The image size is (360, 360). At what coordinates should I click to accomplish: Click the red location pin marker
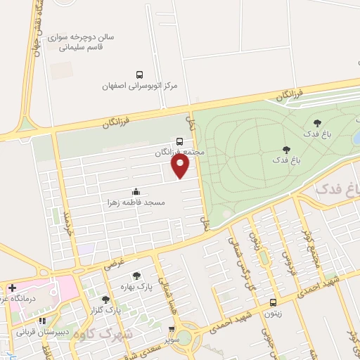181,166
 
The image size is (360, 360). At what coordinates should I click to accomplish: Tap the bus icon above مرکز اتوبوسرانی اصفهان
139,75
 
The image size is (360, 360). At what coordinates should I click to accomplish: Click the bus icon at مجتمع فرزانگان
180,141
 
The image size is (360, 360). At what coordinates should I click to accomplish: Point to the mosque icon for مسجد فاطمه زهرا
136,192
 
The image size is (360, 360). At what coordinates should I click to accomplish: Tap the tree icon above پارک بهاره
136,276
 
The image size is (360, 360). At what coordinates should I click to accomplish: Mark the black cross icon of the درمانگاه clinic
12,288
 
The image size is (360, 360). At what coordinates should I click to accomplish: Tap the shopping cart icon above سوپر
172,328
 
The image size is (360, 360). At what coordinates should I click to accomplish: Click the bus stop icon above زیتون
273,303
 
